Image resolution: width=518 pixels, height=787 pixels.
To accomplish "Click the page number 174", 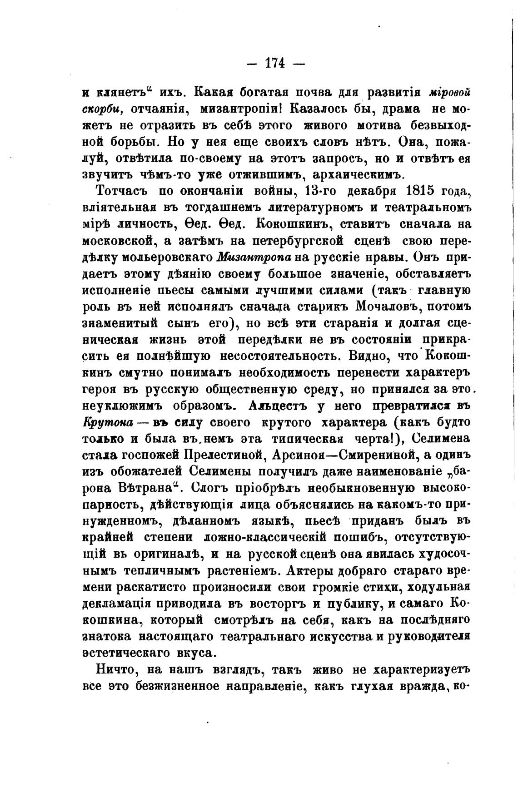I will coord(275,64).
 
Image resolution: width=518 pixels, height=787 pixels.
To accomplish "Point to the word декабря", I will coord(368,190).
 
